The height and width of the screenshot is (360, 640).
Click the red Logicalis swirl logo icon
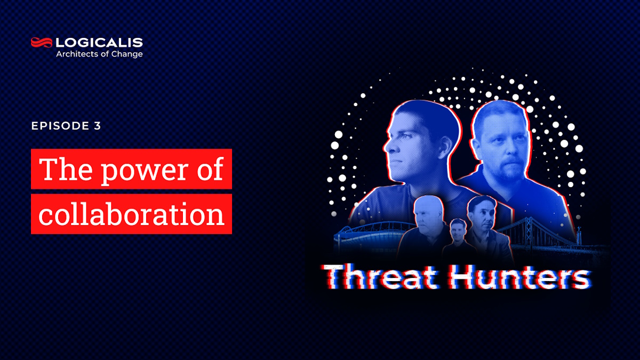point(42,43)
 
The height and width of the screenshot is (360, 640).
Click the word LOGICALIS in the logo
point(99,43)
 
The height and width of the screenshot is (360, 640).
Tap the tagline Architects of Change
point(99,54)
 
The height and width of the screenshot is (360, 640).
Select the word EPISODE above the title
point(60,126)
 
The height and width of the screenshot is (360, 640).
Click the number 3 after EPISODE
point(98,126)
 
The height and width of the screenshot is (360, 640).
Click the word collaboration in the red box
point(131,214)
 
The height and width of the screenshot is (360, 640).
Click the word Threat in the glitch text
point(380,276)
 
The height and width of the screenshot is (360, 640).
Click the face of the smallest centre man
point(458,230)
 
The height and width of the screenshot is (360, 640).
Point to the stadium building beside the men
point(371,238)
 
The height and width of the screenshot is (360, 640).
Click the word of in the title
point(210,169)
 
